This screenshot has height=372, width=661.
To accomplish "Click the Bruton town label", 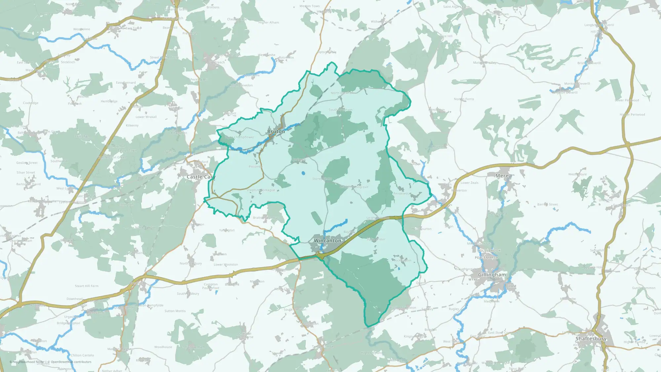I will (x=276, y=132).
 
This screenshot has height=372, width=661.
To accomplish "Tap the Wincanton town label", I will (x=327, y=241).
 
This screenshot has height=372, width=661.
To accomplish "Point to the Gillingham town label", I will (x=492, y=275).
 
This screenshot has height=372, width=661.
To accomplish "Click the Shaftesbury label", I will (x=591, y=339).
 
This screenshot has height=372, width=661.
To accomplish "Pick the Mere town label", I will (x=502, y=176).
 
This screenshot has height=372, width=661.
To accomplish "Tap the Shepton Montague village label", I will (x=260, y=190).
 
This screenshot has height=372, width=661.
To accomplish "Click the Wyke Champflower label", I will (x=240, y=137).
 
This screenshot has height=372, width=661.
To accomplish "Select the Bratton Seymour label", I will (x=265, y=218).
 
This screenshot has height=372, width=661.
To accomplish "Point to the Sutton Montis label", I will (x=175, y=311).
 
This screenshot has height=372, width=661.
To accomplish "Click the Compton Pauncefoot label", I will (x=211, y=286).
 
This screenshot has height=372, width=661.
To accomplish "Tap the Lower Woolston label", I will (x=226, y=265).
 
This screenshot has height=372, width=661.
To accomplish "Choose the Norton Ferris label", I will (x=464, y=99).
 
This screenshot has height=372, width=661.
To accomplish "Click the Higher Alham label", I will (x=269, y=22).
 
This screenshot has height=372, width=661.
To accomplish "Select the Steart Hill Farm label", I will (x=87, y=286).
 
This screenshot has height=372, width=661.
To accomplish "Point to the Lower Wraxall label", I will (x=146, y=117).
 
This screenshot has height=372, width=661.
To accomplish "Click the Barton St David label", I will (x=28, y=184).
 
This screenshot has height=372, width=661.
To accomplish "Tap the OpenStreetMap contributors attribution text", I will (x=71, y=362).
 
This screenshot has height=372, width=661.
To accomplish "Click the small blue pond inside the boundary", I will (x=303, y=173).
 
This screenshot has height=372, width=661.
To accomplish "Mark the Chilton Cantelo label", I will (x=82, y=355).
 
